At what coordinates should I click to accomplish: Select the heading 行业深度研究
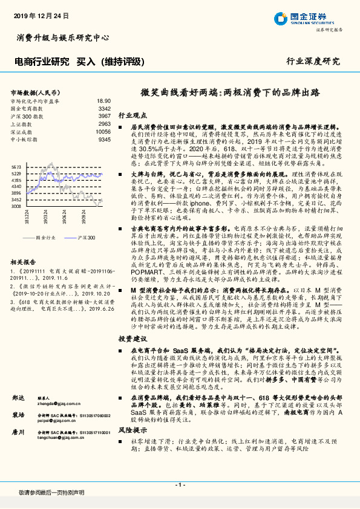pos(313,62)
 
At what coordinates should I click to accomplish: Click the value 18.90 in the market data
pos(104,102)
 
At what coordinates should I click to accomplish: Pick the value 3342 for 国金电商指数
pos(104,109)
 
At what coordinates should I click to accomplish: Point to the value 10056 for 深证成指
pos(103,131)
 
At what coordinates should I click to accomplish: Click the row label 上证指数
pos(23,124)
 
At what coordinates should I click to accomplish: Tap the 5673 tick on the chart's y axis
pos(16,166)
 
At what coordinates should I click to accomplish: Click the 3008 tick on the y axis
pos(16,206)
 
